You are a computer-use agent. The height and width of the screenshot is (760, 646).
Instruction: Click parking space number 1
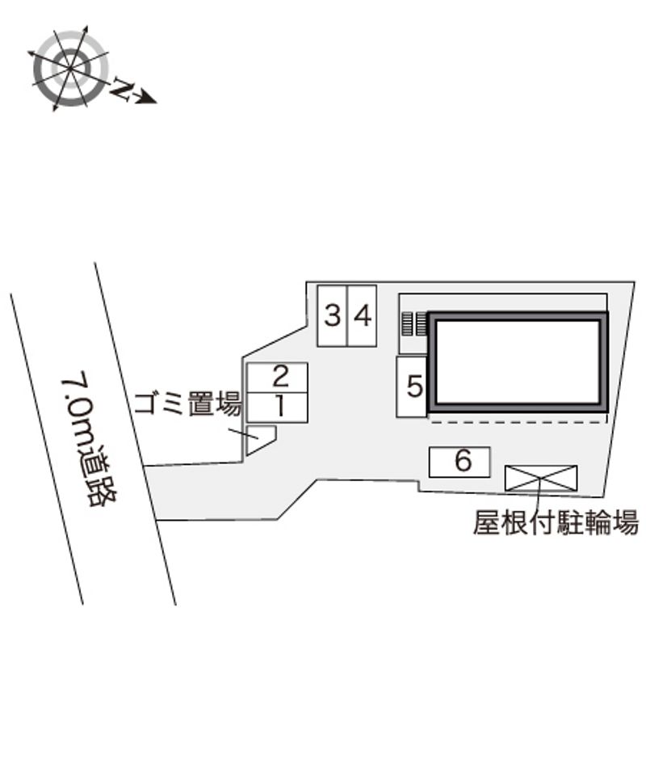(277, 407)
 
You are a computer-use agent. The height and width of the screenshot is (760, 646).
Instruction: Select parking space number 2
(277, 378)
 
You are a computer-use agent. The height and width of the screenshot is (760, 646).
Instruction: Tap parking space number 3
(332, 315)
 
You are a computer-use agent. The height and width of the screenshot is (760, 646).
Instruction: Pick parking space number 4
(362, 315)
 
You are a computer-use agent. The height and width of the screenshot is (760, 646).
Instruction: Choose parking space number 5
(412, 386)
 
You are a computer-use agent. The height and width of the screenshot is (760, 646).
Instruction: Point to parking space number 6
(459, 462)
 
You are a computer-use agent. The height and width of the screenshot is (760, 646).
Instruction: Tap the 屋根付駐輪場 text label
(556, 522)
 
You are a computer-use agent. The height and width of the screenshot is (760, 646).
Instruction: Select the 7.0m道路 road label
(89, 439)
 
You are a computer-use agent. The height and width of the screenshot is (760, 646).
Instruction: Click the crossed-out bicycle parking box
(541, 478)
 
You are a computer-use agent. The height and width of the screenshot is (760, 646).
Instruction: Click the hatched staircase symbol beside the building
(413, 323)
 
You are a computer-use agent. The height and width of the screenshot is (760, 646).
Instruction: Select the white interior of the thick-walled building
(518, 362)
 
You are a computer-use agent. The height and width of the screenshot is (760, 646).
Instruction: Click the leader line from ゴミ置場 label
(244, 434)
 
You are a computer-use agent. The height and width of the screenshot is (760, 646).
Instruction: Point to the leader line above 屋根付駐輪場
(539, 492)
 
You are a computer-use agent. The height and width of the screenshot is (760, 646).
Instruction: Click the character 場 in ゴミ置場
(229, 403)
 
